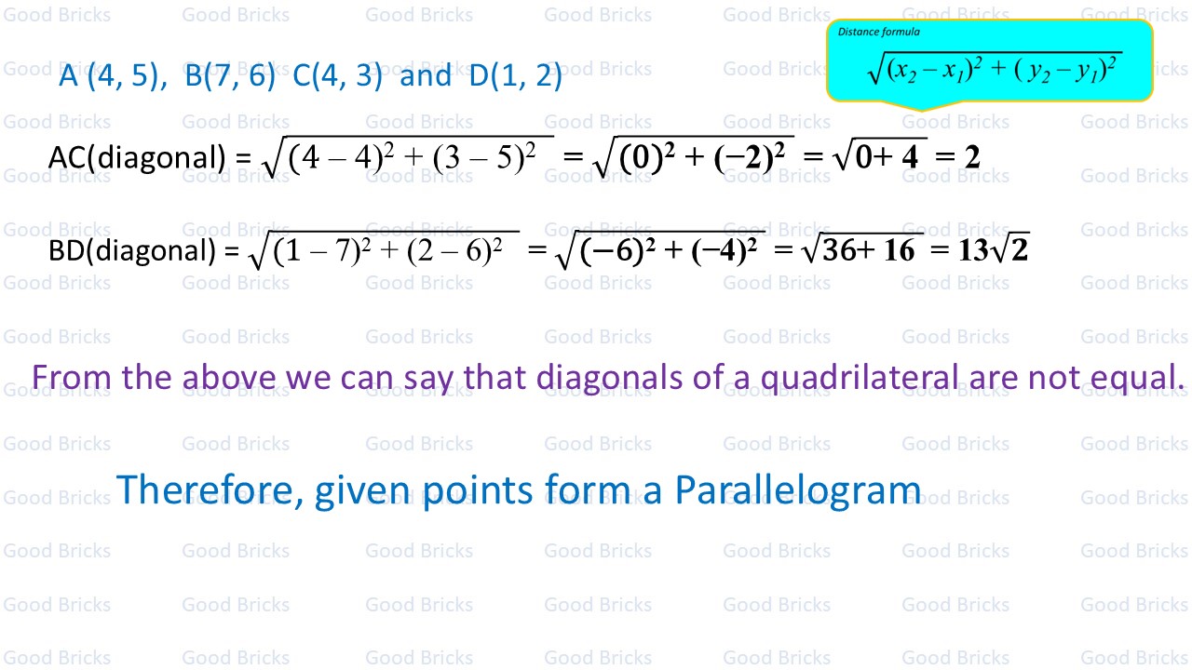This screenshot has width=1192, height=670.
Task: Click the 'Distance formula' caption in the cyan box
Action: pyautogui.click(x=878, y=32)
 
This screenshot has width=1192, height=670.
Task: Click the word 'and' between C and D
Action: pyautogui.click(x=426, y=75)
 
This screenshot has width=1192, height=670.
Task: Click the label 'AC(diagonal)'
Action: pyautogui.click(x=137, y=158)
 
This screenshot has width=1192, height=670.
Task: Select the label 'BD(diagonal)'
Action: pyautogui.click(x=132, y=250)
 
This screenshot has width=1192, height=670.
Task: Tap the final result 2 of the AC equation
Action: pyautogui.click(x=971, y=158)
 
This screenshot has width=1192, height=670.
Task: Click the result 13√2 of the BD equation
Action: pyautogui.click(x=993, y=249)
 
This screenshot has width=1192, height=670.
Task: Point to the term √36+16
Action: pyautogui.click(x=863, y=249)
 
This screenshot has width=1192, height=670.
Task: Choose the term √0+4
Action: pyautogui.click(x=882, y=156)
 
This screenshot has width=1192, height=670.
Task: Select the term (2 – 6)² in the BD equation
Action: pyautogui.click(x=454, y=250)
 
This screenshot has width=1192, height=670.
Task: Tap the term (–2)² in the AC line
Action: pyautogui.click(x=750, y=157)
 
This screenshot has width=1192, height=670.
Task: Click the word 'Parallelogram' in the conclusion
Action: pyautogui.click(x=798, y=490)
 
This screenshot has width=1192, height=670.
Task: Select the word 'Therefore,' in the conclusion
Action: pyautogui.click(x=210, y=489)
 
